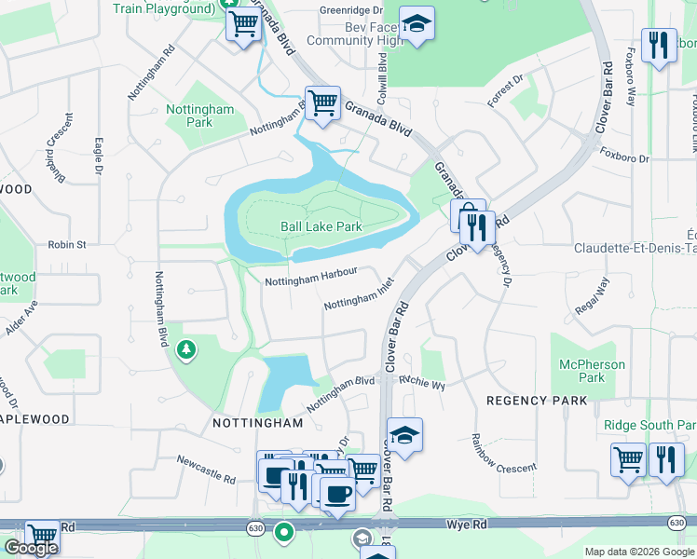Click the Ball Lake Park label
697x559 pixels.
(321, 226)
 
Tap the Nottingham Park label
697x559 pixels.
(200, 116)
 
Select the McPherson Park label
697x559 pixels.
(592, 371)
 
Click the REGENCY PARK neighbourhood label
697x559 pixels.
(538, 401)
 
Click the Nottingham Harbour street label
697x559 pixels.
(311, 278)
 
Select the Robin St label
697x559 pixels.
(67, 245)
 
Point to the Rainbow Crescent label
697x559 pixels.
(503, 454)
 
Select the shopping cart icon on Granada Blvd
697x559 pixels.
(322, 103)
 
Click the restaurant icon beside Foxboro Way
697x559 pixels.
(660, 46)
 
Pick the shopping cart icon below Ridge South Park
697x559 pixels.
(628, 459)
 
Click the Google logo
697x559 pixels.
(31, 548)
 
